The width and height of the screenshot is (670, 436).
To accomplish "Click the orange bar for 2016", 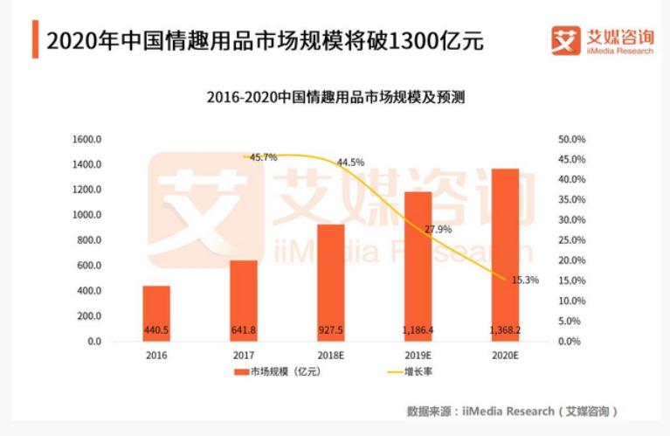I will click(x=156, y=313).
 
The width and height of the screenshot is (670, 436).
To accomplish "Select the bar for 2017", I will click(x=244, y=301).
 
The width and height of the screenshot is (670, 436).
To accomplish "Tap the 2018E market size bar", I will click(x=330, y=282).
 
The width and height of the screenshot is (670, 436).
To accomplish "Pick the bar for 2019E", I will click(x=418, y=266).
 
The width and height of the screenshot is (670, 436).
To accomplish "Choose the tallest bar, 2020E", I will click(x=505, y=254).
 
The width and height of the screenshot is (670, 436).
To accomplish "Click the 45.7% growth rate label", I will click(x=263, y=157).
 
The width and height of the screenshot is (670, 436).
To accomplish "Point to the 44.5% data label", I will click(x=350, y=163).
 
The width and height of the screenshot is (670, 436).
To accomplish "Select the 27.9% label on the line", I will click(x=438, y=230).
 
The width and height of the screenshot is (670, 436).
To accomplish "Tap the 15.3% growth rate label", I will click(x=525, y=280).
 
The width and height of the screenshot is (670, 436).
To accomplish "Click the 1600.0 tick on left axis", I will click(x=87, y=140).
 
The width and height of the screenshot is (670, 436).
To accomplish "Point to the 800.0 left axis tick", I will click(x=90, y=240).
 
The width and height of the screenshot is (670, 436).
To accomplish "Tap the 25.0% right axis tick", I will click(x=571, y=240).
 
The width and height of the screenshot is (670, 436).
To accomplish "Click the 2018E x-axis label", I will click(x=330, y=356).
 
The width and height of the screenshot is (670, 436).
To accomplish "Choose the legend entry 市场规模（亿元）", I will click(x=274, y=373).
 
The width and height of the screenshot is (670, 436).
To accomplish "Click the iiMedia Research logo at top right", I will click(x=602, y=40).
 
